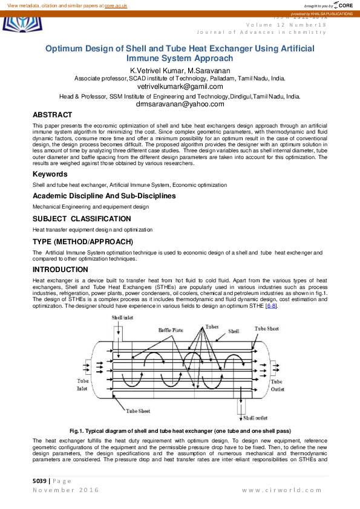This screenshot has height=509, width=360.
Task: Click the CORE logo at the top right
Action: [342, 5]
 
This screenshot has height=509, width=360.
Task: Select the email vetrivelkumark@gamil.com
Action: [180, 86]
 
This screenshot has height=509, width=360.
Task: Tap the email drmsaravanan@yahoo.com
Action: [180, 104]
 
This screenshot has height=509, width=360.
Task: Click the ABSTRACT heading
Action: [53, 115]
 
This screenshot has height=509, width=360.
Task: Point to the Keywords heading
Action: [50, 174]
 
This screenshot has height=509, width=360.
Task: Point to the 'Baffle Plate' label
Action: [171, 330]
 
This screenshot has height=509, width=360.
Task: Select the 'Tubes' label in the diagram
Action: [211, 326]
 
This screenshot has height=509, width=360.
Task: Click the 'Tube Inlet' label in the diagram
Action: [83, 385]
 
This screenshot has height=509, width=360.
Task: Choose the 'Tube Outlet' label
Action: [277, 385]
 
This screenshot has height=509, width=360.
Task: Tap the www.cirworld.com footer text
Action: [284, 489]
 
